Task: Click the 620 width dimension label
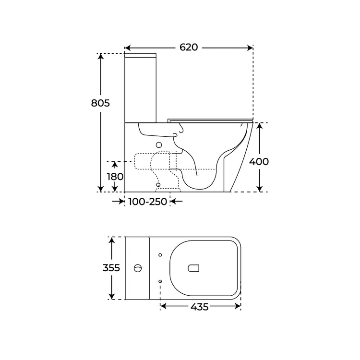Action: (189, 48)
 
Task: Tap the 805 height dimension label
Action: (100, 103)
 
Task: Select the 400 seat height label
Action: (259, 162)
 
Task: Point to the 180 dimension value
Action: (115, 177)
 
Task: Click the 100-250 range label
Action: (147, 202)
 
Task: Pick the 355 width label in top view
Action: (111, 268)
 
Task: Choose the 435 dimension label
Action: (199, 307)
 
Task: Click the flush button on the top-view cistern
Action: (138, 268)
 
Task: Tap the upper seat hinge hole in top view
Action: (160, 255)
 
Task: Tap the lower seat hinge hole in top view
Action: (160, 281)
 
